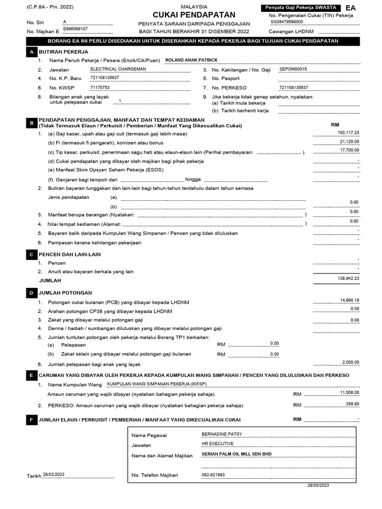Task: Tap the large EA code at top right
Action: [351, 8]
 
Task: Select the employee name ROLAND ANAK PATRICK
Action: [191, 60]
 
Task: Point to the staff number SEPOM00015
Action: [293, 70]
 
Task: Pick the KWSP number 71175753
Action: [100, 87]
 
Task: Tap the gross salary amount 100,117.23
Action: [348, 133]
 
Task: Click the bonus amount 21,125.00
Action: [350, 142]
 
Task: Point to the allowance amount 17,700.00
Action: [350, 150]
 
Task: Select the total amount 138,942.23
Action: [348, 278]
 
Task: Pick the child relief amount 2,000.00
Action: [351, 362]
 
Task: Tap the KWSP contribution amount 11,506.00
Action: [350, 393]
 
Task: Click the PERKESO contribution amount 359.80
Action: [352, 404]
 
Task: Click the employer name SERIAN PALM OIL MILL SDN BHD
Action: [236, 454]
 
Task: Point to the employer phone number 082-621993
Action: [213, 475]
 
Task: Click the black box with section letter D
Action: [31, 293]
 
